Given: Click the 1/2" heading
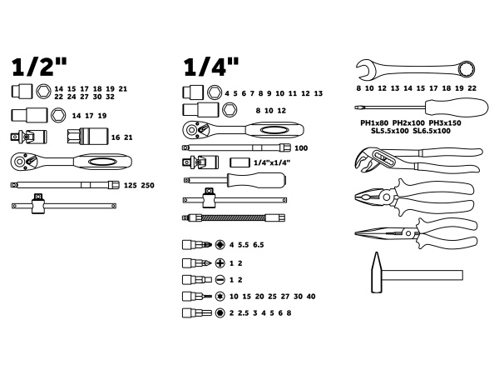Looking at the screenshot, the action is click(x=39, y=67).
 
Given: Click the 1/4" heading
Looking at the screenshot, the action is click(x=211, y=67).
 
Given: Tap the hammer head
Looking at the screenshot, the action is click(x=377, y=272).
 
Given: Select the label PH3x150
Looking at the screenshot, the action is click(x=445, y=122).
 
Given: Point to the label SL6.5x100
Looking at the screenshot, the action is click(x=432, y=131).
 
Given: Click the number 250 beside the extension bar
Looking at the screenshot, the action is click(x=148, y=185).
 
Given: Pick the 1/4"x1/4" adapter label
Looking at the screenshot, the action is click(x=272, y=162).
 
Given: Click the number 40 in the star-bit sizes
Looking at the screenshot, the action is click(x=311, y=297).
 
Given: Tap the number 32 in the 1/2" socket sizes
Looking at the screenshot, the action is click(x=110, y=97).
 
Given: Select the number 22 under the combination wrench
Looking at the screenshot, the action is click(x=472, y=88).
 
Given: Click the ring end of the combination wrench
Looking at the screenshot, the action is click(x=467, y=69).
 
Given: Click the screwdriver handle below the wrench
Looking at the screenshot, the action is click(x=457, y=107).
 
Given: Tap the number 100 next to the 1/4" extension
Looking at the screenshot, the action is click(x=301, y=148).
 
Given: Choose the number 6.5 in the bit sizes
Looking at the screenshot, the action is click(x=259, y=245).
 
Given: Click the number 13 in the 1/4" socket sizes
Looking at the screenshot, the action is click(x=319, y=93).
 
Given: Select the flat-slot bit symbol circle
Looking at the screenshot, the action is click(x=220, y=280).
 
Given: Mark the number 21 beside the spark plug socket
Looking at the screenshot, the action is click(x=128, y=137).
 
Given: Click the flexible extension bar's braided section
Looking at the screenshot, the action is click(x=234, y=218).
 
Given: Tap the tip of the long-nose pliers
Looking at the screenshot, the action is click(x=356, y=233).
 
